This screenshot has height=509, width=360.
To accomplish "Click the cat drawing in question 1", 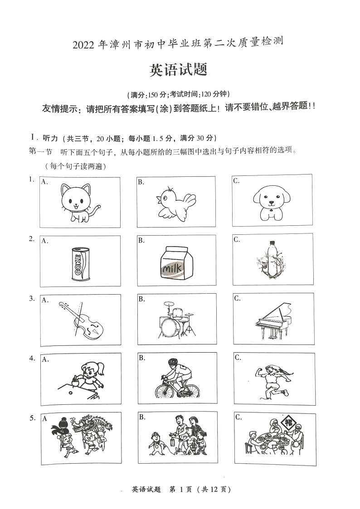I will tap(79, 204).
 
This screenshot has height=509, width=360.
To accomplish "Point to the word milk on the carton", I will tap(173, 270).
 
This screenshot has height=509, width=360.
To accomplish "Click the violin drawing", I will tap(83, 320).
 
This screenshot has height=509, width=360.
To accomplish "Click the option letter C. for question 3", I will tap(237, 298).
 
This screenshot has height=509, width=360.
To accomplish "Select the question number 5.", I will tap(32, 418).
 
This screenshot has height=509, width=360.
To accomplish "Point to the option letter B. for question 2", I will tap(141, 240).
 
